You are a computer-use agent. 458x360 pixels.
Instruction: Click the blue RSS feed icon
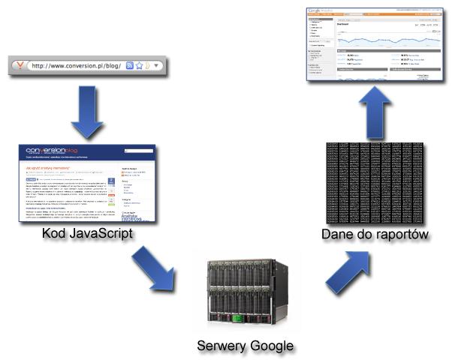130,66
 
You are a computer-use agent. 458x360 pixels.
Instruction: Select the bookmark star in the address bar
139,66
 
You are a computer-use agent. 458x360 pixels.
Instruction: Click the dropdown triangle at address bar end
156,66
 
